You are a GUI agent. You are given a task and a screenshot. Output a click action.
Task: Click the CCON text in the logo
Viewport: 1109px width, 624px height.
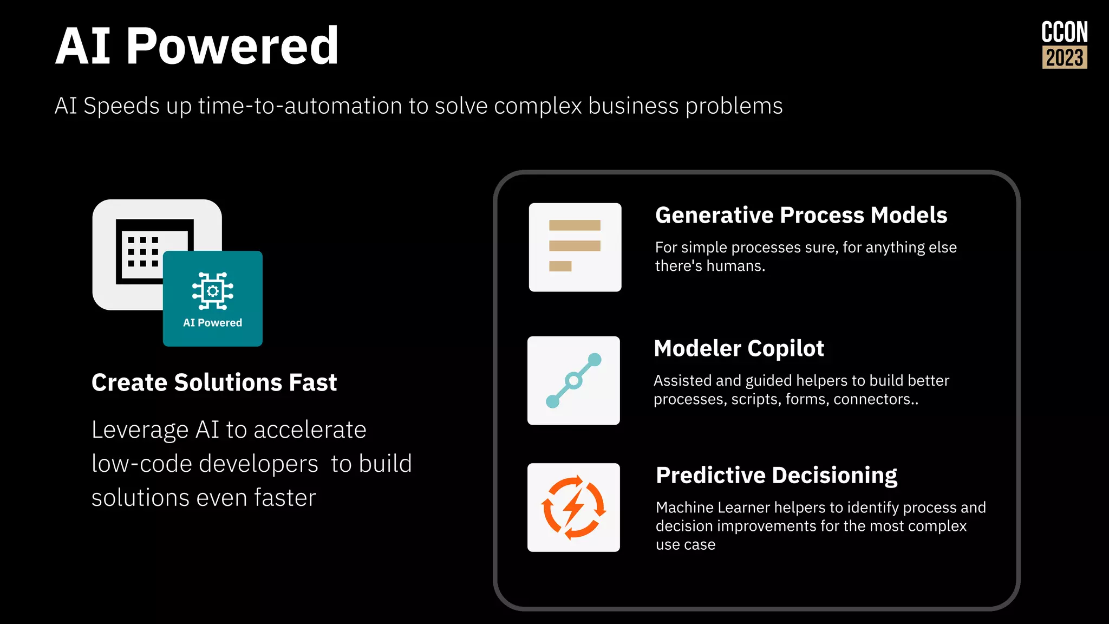point(1064,32)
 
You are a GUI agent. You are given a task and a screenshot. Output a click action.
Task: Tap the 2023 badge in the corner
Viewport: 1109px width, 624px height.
point(1065,57)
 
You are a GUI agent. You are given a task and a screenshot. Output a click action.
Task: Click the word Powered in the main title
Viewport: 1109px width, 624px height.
point(232,47)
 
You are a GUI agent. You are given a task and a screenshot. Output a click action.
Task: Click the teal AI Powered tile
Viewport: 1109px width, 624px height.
point(213,299)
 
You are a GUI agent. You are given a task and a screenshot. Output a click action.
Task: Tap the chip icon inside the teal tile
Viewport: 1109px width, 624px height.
point(213,291)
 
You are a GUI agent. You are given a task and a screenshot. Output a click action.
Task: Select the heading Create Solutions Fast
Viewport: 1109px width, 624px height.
point(214,382)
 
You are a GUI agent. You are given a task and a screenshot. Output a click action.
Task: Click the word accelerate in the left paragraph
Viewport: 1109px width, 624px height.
point(310,430)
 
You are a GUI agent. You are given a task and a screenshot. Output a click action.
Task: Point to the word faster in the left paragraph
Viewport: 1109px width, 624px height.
point(285,498)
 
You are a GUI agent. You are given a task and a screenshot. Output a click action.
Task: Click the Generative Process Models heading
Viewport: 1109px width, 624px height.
point(801,215)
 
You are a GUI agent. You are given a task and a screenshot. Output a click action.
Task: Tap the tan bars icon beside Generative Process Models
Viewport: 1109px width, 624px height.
point(575,247)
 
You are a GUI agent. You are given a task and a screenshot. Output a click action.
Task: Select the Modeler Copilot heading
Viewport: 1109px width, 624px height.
point(739,348)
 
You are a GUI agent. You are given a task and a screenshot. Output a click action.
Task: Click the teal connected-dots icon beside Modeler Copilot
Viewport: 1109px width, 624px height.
point(573,380)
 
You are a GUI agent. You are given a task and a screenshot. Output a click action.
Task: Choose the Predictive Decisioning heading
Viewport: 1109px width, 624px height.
point(776,475)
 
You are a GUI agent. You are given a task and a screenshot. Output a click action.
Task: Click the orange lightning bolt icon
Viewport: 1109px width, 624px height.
point(573,508)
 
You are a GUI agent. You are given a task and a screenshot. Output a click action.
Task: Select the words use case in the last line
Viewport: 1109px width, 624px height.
point(685,544)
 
